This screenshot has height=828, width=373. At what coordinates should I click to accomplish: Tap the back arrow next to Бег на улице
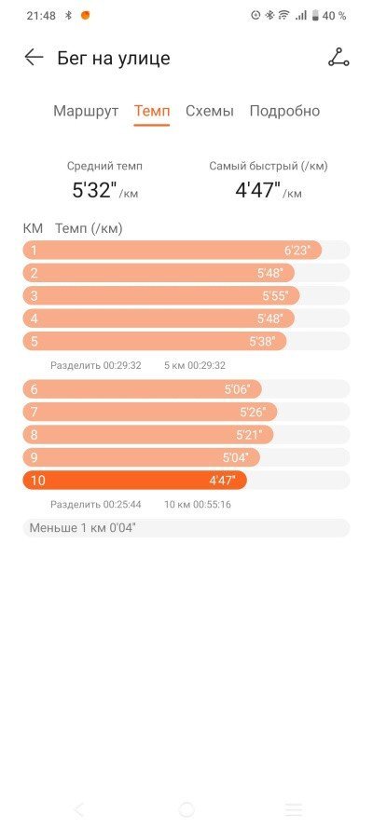(34, 58)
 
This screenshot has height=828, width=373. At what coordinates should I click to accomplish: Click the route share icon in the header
(338, 57)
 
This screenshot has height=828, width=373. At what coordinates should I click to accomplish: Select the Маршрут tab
(86, 112)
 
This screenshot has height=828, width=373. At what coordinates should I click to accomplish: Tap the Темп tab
(152, 112)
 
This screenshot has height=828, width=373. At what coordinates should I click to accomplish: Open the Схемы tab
(209, 112)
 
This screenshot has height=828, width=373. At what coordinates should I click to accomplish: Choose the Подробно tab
(284, 112)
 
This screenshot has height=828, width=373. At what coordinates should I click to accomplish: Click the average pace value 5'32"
(94, 190)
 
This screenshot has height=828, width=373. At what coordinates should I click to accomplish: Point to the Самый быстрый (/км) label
(269, 167)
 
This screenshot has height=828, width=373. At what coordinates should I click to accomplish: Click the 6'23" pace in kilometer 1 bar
(297, 251)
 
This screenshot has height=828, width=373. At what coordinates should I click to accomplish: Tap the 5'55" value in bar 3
(275, 296)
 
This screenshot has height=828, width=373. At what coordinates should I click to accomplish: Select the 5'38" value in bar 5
(263, 341)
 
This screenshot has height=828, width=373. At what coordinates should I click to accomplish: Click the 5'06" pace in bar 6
(237, 389)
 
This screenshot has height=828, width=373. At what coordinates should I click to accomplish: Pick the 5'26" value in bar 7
(252, 412)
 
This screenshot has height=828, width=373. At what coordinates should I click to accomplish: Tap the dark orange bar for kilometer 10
(134, 481)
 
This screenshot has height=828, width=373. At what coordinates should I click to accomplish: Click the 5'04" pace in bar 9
(235, 457)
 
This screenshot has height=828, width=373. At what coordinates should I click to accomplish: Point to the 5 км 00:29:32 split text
(195, 365)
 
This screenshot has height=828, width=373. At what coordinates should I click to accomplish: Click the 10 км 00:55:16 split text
(198, 504)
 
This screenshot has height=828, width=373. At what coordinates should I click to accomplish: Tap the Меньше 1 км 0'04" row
(186, 527)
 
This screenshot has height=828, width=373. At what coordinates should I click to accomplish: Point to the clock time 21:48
(41, 16)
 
